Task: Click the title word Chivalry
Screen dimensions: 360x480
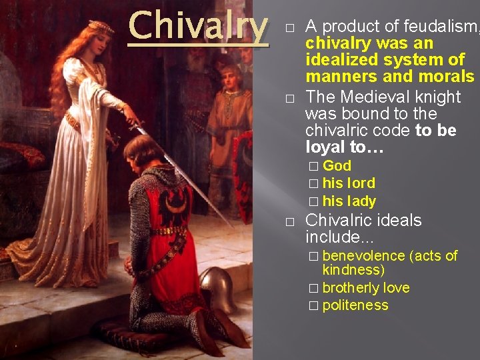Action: pyautogui.click(x=198, y=27)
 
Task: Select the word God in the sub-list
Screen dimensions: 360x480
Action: pyautogui.click(x=337, y=166)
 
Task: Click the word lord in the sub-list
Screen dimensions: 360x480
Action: pyautogui.click(x=359, y=183)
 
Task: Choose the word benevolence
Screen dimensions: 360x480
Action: pyautogui.click(x=363, y=256)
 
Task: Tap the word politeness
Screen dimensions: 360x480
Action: pyautogui.click(x=355, y=305)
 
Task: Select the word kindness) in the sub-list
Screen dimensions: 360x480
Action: pyautogui.click(x=353, y=270)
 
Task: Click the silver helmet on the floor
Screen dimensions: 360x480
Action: pyautogui.click(x=218, y=287)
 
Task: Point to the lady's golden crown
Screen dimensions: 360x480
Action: pyautogui.click(x=101, y=27)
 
